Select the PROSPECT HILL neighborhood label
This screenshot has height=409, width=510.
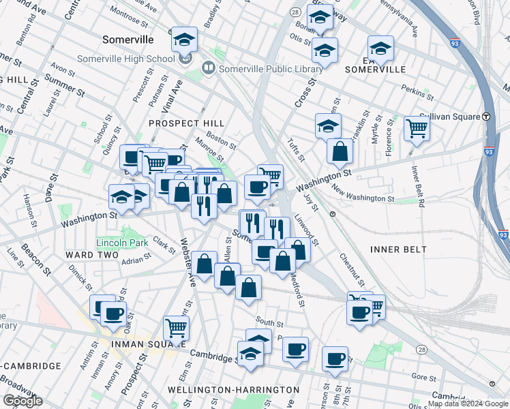point(187,123)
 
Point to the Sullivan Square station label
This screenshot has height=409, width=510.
point(449,117)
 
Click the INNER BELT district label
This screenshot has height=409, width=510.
point(398,249)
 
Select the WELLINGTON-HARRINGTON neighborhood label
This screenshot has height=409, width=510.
point(233,389)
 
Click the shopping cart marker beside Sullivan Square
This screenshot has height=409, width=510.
point(416,127)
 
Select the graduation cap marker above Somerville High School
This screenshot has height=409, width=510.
point(184,40)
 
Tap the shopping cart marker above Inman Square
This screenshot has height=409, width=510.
point(177,328)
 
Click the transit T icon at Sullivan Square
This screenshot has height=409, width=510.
point(487,116)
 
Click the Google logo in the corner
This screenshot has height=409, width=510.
point(22,401)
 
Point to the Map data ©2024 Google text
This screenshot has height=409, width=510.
point(468,404)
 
